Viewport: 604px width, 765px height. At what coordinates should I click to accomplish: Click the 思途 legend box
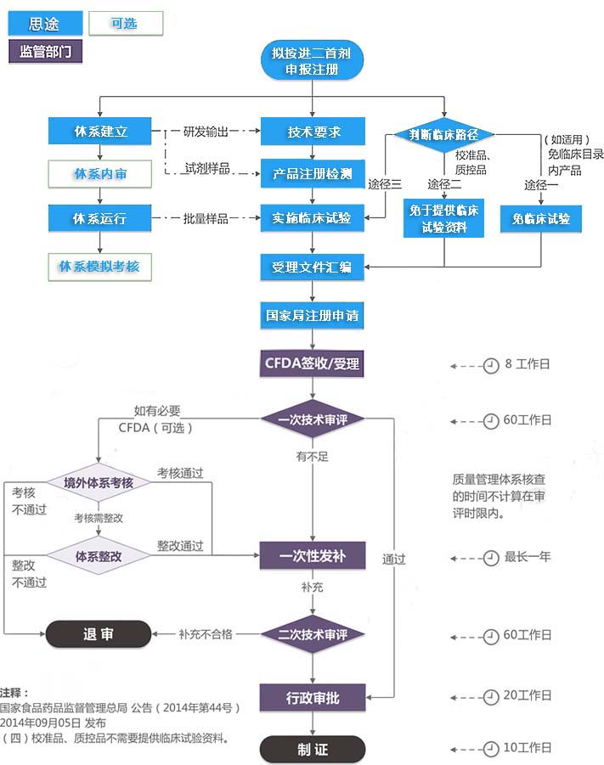[x=45, y=24]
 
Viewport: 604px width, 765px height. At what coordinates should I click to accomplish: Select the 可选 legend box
[x=125, y=24]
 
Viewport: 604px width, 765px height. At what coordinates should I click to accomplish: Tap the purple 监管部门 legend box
[x=45, y=51]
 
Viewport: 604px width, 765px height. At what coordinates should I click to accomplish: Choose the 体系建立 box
[x=99, y=132]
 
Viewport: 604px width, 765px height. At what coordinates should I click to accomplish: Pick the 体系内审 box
[x=99, y=174]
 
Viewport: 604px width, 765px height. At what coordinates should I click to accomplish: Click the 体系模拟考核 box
[x=99, y=267]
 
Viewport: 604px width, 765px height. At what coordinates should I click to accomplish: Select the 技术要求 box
[x=313, y=132]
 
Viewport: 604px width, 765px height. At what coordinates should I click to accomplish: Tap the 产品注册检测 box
[x=313, y=174]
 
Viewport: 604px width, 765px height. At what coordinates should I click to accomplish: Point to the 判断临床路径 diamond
[x=443, y=134]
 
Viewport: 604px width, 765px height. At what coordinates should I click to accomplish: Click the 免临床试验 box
[x=540, y=219]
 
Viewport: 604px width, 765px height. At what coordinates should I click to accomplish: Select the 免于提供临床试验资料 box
[x=443, y=219]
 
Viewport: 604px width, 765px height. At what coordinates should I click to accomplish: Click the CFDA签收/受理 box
[x=313, y=364]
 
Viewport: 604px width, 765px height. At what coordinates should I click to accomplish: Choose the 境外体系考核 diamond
[x=99, y=482]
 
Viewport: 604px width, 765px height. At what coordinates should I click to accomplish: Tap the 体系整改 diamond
[x=99, y=556]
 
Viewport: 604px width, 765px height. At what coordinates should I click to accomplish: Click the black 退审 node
[x=98, y=634]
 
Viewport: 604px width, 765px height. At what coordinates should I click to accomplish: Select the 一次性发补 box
[x=313, y=556]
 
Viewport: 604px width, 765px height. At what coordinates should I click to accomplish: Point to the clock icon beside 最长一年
[x=490, y=558]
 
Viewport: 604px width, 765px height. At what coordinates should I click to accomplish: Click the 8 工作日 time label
[x=527, y=364]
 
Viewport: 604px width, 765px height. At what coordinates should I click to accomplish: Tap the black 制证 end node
[x=313, y=750]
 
